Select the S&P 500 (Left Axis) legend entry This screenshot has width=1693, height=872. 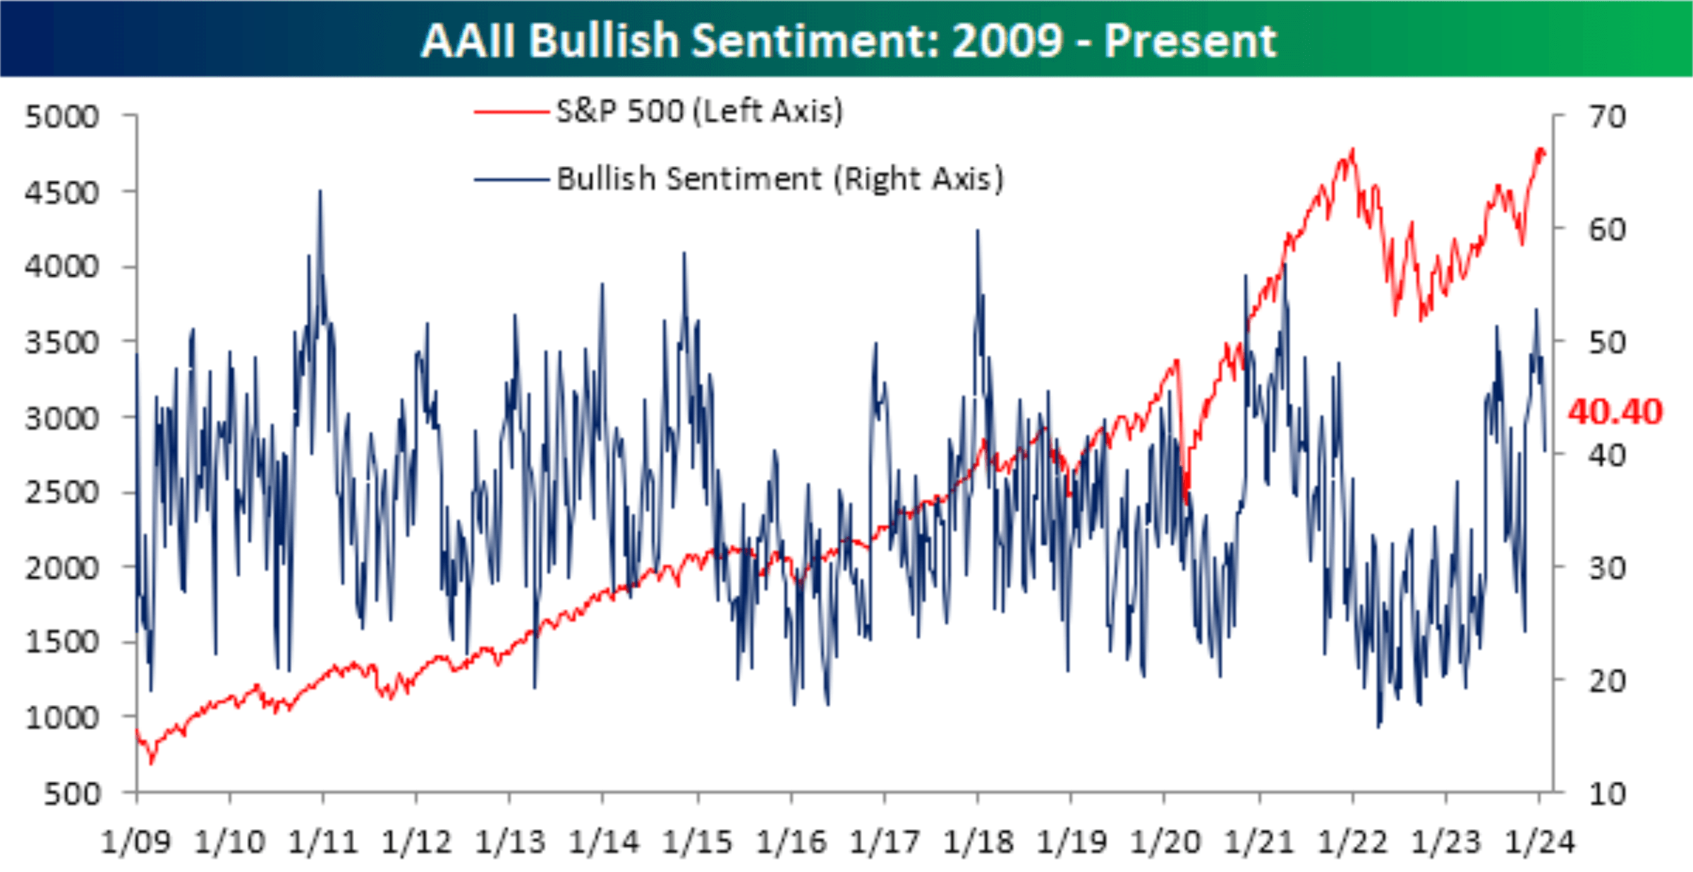pyautogui.click(x=698, y=111)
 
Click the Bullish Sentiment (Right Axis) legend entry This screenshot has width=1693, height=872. pyautogui.click(x=779, y=178)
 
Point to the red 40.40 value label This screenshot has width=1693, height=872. pyautogui.click(x=1615, y=411)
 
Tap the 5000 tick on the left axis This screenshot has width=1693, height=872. pyautogui.click(x=62, y=116)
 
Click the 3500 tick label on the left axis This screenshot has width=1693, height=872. pyautogui.click(x=62, y=343)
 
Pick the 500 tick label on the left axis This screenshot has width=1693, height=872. pyautogui.click(x=71, y=794)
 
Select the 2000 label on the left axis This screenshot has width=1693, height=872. pyautogui.click(x=62, y=568)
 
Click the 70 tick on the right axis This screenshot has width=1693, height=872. pyautogui.click(x=1607, y=116)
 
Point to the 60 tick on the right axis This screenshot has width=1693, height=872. pyautogui.click(x=1607, y=229)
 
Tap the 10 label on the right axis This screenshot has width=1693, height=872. pyautogui.click(x=1607, y=794)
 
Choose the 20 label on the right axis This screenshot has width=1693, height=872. pyautogui.click(x=1607, y=681)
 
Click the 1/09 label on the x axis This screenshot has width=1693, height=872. pyautogui.click(x=136, y=842)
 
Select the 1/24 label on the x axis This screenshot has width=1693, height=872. pyautogui.click(x=1540, y=842)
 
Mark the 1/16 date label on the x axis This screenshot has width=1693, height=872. pyautogui.click(x=791, y=842)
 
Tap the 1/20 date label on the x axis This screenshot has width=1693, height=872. pyautogui.click(x=1165, y=842)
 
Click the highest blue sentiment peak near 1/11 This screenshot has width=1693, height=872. pyautogui.click(x=320, y=190)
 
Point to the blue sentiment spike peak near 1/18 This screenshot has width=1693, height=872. pyautogui.click(x=978, y=230)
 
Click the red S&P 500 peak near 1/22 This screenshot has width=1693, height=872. pyautogui.click(x=1352, y=149)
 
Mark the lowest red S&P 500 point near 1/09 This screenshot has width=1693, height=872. pyautogui.click(x=151, y=763)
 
